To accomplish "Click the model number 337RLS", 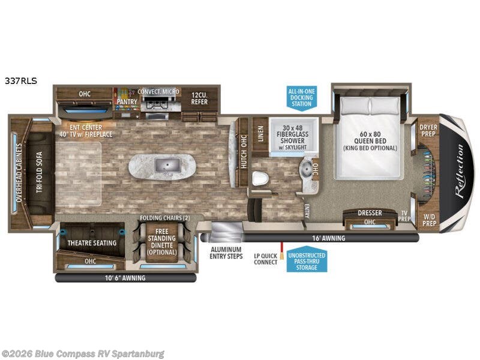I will [21, 80].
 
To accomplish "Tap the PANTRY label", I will [127, 102].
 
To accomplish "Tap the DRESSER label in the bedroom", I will [370, 213].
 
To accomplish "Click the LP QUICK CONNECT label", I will [265, 257].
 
